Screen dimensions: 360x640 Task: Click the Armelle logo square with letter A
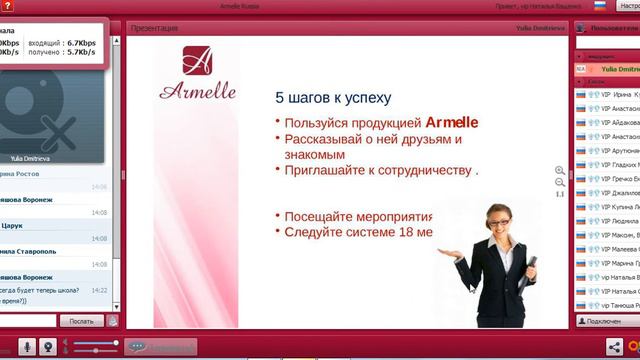click(197, 61)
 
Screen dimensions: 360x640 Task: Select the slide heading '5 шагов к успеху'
click(333, 98)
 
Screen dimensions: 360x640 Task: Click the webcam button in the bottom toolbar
click(47, 346)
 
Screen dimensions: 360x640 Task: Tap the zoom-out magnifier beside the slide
click(560, 183)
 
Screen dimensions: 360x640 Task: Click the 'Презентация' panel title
click(150, 28)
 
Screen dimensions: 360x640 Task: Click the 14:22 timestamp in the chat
click(99, 290)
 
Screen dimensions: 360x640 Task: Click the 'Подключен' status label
click(604, 321)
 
